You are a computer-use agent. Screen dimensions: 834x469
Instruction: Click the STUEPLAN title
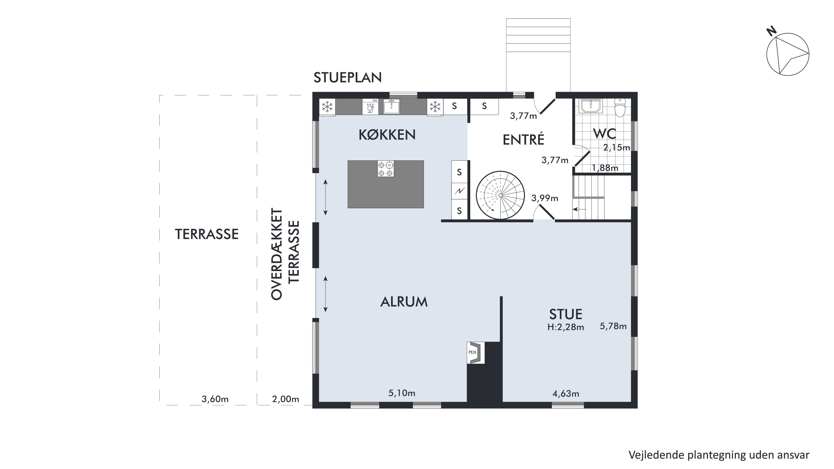pos(347,78)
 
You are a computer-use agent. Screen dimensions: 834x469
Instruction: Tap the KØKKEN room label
pos(387,135)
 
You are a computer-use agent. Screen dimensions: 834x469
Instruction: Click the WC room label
pos(605,133)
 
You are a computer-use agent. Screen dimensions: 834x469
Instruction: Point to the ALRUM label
pos(404,302)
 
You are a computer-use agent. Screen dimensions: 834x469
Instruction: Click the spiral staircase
pos(500,195)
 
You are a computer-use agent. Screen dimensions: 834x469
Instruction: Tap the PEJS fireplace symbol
pos(476,353)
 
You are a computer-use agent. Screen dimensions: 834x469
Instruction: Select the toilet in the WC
pos(620,108)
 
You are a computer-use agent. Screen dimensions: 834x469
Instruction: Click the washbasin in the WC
pos(591,106)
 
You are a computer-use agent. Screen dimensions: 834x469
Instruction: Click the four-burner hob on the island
pos(386,169)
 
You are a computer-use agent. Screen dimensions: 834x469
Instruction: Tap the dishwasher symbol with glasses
pos(370,106)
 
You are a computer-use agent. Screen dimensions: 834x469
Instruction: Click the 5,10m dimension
pos(402,393)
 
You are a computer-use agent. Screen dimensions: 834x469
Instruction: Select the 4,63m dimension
pos(566,394)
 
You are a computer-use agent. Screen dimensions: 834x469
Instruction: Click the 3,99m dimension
pos(545,198)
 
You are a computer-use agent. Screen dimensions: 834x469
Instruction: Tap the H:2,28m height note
pos(566,327)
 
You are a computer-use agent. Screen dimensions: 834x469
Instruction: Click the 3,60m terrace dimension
pos(215,399)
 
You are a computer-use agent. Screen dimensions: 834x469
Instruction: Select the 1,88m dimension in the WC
pos(605,168)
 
